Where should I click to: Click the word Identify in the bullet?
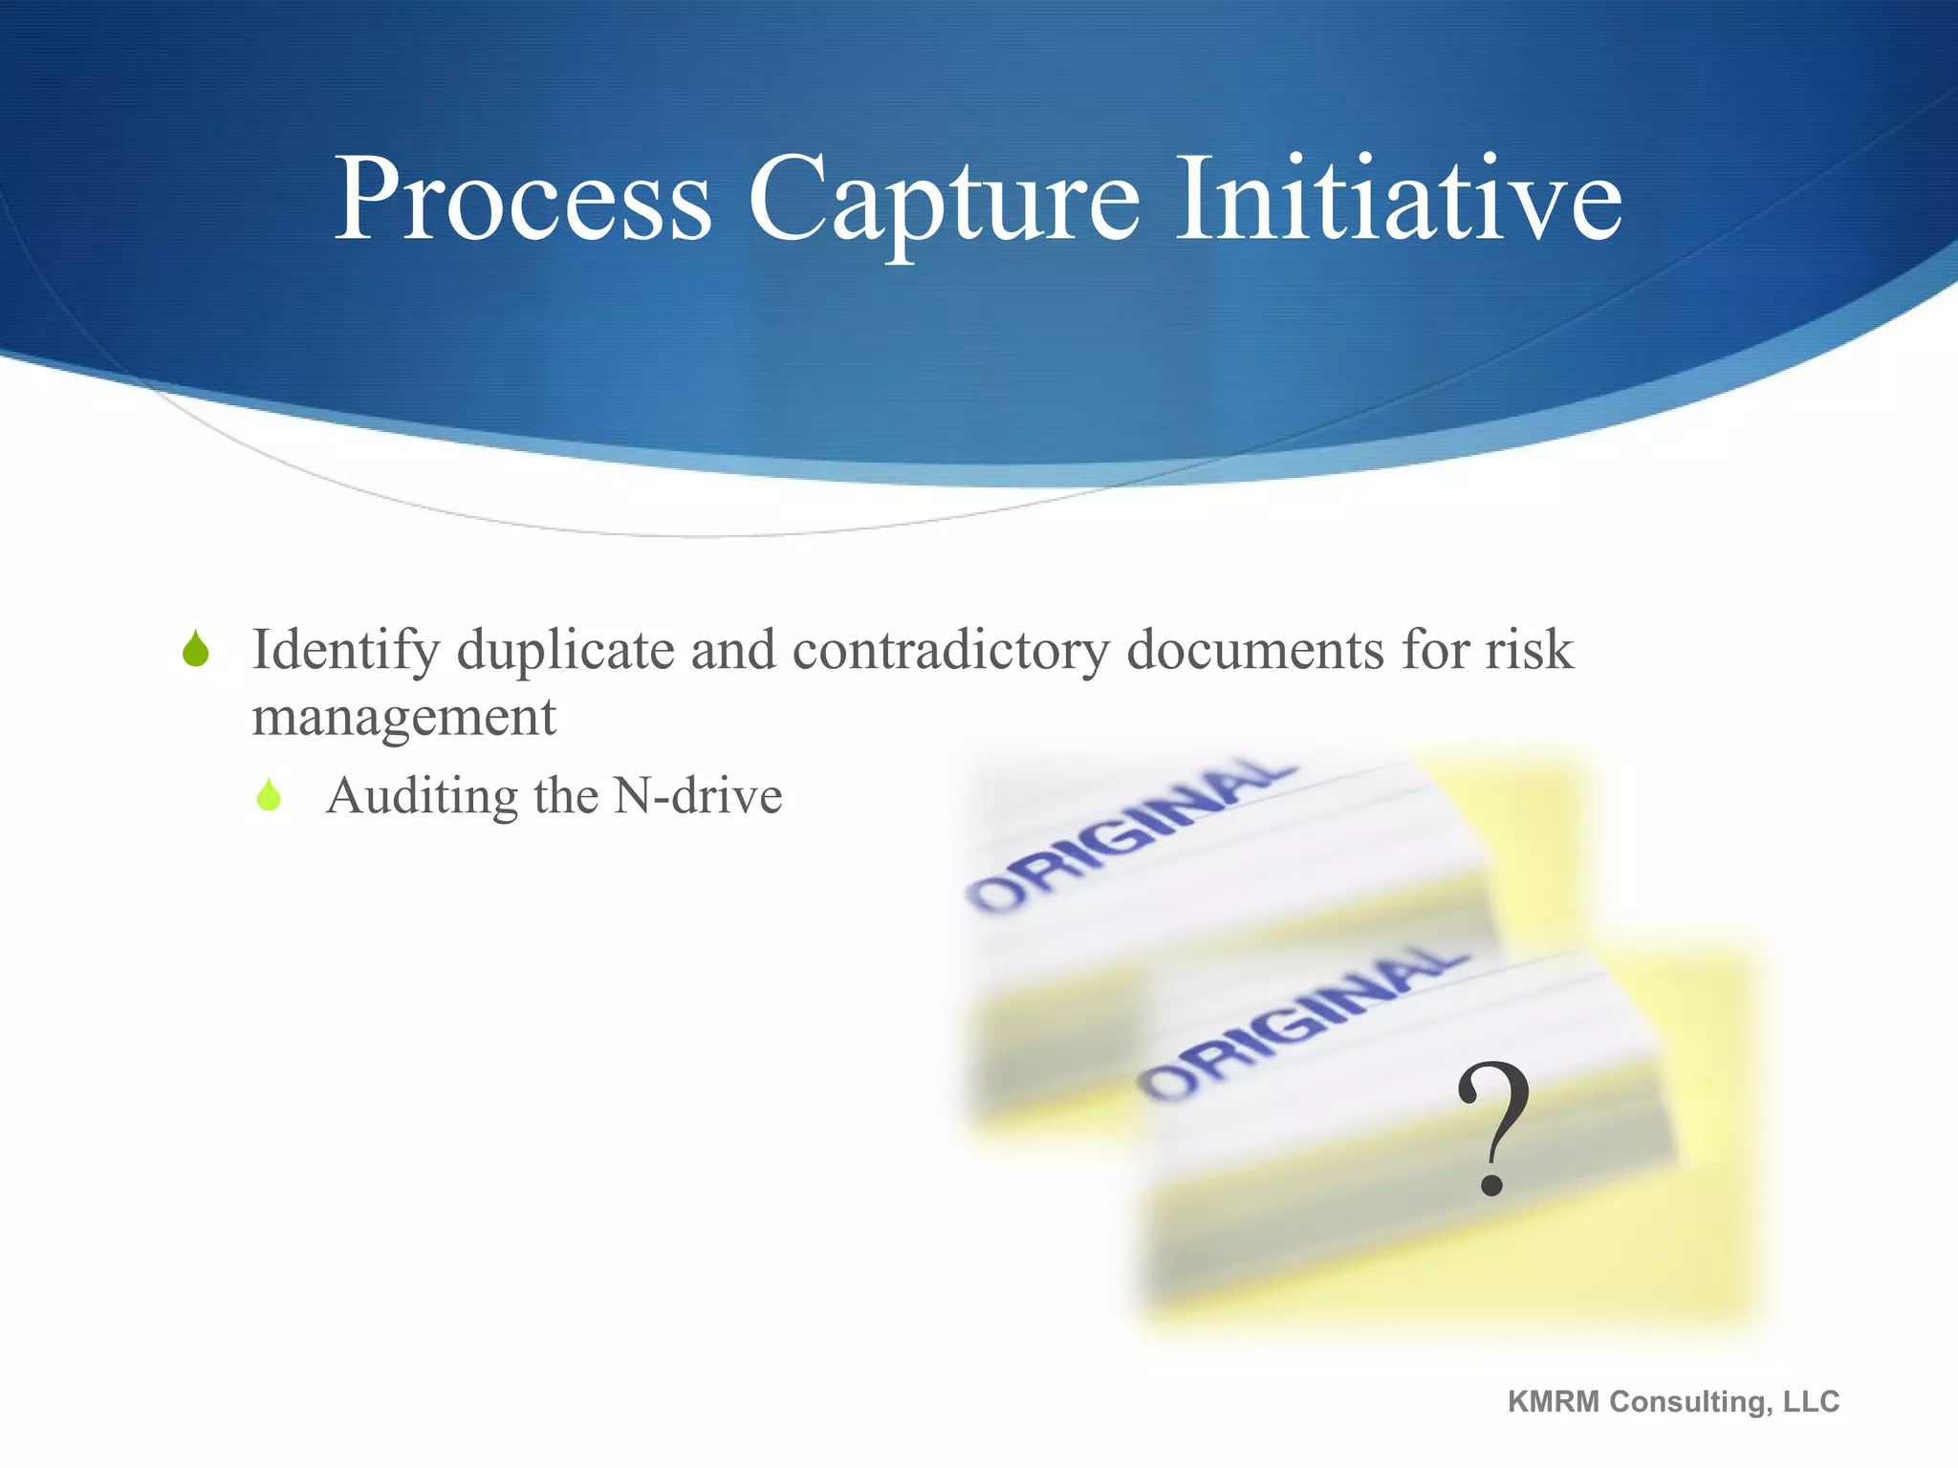pos(345,652)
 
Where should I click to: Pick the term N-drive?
pos(698,795)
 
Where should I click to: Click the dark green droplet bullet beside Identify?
pos(196,649)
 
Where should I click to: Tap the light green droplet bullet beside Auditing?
pos(270,795)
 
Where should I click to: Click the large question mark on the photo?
pos(1492,1129)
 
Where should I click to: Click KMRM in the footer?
pos(1553,1401)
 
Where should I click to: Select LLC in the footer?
pos(1811,1401)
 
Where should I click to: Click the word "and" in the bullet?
pos(733,650)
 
